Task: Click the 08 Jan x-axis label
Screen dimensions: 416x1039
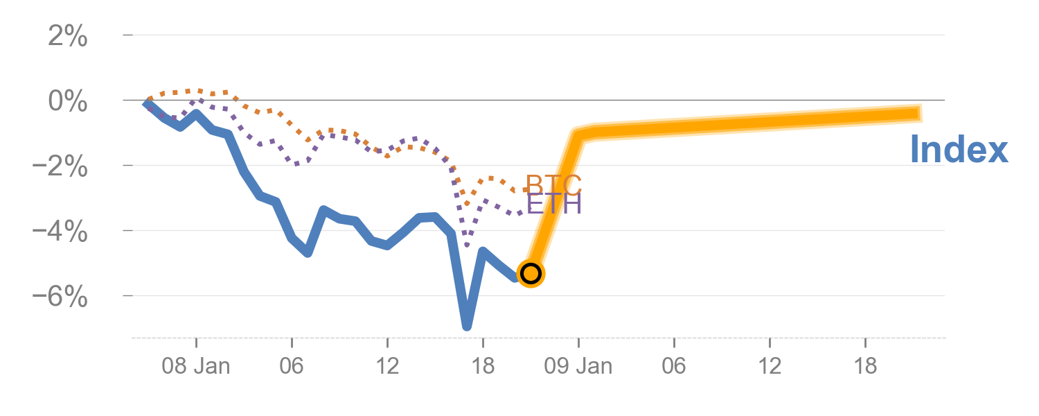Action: point(196,366)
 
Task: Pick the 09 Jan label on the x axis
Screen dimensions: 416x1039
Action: point(578,366)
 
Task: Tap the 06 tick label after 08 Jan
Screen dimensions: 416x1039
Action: point(292,366)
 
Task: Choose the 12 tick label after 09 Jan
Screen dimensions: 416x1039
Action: point(770,366)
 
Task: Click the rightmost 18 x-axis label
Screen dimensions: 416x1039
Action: point(865,366)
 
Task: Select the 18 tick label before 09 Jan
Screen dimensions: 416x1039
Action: point(483,366)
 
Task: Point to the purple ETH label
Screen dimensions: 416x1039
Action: point(553,204)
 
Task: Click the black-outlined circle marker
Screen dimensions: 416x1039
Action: point(531,273)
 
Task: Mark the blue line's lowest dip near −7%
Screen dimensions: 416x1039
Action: point(467,326)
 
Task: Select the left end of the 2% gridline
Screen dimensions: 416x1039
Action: point(125,35)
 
